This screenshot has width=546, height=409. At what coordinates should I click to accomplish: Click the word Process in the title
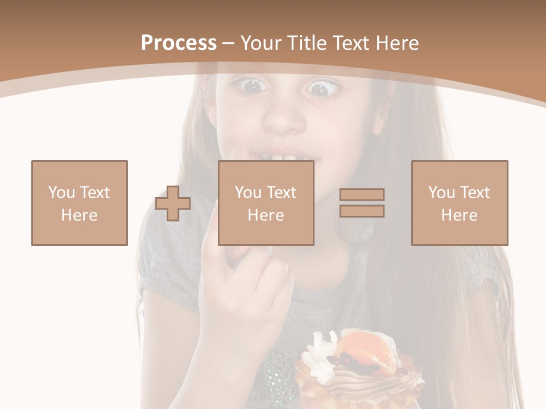point(179,43)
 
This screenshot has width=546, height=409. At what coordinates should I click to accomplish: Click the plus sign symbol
point(173,203)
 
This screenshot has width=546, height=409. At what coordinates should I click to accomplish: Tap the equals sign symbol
point(362,203)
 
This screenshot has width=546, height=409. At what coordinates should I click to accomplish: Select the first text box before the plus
point(80,203)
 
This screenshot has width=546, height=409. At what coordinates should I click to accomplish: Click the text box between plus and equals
point(266,203)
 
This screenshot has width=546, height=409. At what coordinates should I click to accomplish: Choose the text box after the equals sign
point(460,203)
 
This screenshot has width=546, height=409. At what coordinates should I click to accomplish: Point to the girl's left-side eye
point(251,86)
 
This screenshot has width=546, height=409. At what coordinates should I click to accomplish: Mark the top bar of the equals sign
point(362,194)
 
